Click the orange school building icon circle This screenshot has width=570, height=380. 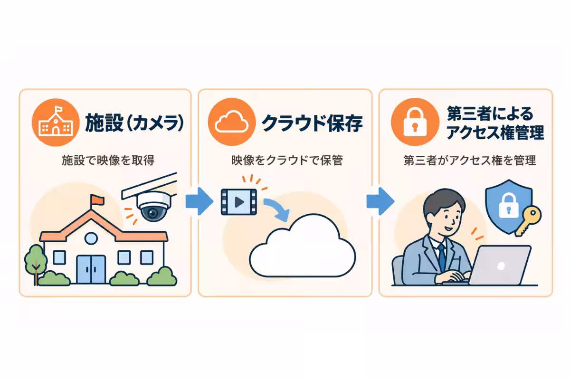click(x=56, y=123)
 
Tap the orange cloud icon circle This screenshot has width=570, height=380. click(x=232, y=122)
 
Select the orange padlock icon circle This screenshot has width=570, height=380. click(x=415, y=122)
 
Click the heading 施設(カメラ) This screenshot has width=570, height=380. click(x=134, y=123)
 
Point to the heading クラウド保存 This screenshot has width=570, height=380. click(x=312, y=123)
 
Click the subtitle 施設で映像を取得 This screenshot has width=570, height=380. click(x=108, y=161)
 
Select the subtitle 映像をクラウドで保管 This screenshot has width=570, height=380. click(x=287, y=161)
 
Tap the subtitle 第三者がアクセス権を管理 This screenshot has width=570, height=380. click(x=470, y=161)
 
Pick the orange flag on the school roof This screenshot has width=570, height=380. click(x=97, y=199)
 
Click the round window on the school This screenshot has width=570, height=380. click(x=91, y=238)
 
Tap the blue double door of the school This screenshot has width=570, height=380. click(x=91, y=269)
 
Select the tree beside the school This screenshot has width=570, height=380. click(x=36, y=264)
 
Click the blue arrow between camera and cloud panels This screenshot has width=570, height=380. click(x=199, y=201)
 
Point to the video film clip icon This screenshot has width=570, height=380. click(x=238, y=202)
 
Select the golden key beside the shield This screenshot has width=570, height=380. click(x=528, y=221)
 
